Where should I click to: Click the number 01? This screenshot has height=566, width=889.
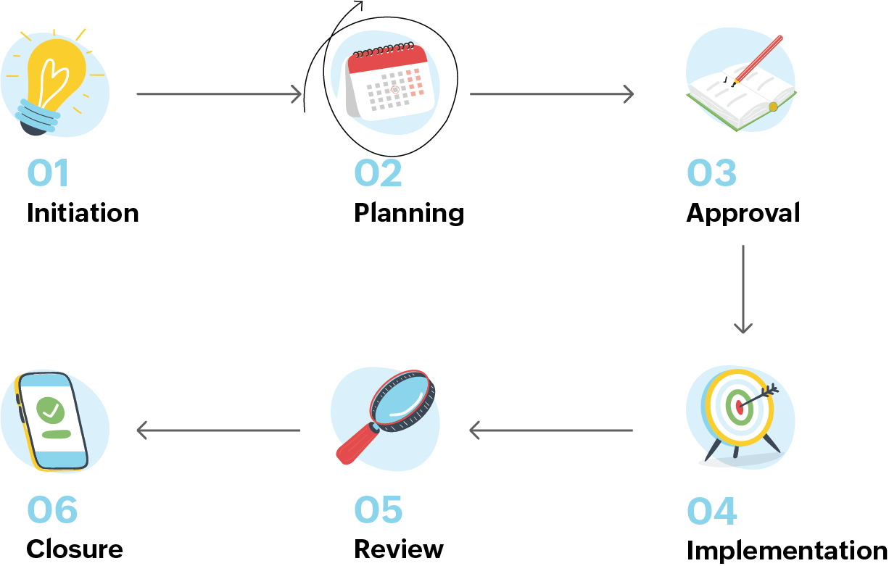tap(48, 174)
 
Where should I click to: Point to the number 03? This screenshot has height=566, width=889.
tap(711, 174)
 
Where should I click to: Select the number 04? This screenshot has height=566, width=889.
tap(711, 512)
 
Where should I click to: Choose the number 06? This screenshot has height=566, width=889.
tap(52, 512)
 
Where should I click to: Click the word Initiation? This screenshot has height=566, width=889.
tap(83, 213)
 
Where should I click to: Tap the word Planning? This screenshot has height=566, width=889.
tap(409, 214)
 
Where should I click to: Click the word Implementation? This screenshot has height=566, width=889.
tap(786, 551)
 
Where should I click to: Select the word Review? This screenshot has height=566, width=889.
tap(398, 549)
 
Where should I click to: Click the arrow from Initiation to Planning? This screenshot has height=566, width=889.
tap(218, 93)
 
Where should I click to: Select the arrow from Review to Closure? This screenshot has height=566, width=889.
tap(218, 430)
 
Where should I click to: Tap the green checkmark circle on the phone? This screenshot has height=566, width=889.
tap(50, 410)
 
